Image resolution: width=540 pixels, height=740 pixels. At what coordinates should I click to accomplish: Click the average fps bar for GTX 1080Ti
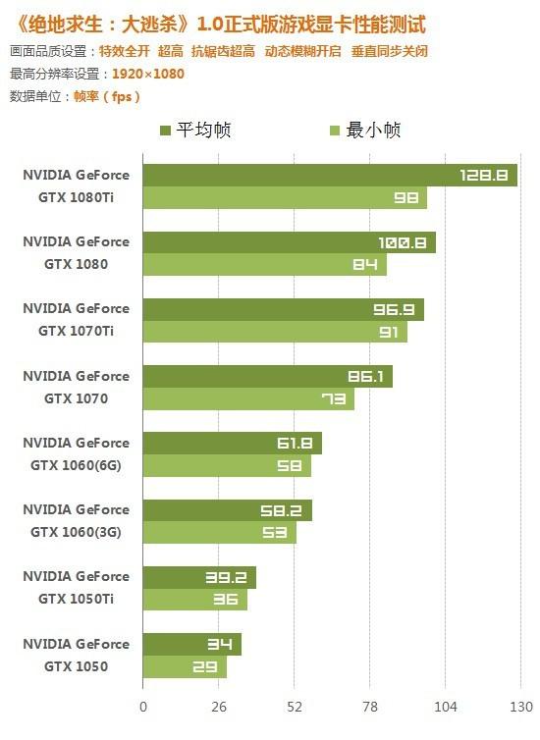click(329, 176)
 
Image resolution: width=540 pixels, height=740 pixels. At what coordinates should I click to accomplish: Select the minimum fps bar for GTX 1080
click(264, 264)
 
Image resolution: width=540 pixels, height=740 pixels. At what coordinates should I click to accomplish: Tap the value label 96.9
click(393, 310)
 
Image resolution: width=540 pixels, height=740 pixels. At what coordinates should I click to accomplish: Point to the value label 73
click(333, 399)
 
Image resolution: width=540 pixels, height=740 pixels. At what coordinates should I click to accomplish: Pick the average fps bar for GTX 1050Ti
click(198, 577)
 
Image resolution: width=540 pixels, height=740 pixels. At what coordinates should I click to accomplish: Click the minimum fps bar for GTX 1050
click(184, 667)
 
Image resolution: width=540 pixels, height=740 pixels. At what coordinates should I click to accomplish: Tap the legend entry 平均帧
click(195, 130)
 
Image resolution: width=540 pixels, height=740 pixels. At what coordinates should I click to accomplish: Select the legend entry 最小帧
click(363, 130)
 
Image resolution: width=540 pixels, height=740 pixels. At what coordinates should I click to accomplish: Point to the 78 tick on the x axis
click(370, 707)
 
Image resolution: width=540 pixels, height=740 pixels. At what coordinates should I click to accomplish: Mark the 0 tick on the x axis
click(143, 707)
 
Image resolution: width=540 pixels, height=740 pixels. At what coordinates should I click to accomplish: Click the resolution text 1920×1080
click(147, 74)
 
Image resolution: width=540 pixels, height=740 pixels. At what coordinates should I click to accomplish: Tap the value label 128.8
click(483, 176)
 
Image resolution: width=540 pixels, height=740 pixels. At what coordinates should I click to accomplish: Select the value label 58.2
click(281, 511)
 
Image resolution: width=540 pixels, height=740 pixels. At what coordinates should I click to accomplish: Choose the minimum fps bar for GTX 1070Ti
click(274, 332)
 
